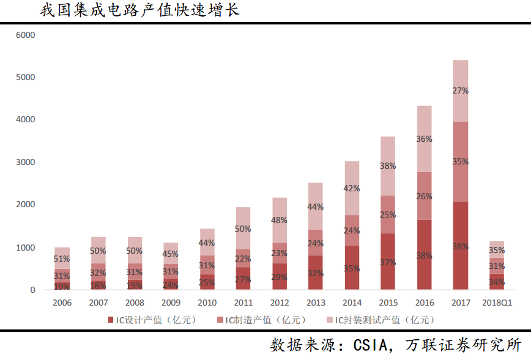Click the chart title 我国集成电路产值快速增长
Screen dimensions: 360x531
(x=139, y=10)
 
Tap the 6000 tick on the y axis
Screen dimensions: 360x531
(x=26, y=35)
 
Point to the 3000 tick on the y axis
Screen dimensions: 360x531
(x=26, y=163)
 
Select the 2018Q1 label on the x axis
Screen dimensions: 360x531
(x=497, y=303)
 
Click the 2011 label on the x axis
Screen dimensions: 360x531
(x=243, y=303)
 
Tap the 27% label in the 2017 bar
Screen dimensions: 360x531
(x=460, y=90)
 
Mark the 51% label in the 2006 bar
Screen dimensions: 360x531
(x=62, y=259)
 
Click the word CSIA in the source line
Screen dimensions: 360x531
(x=371, y=346)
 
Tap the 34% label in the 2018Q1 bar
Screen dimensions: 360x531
(x=496, y=282)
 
